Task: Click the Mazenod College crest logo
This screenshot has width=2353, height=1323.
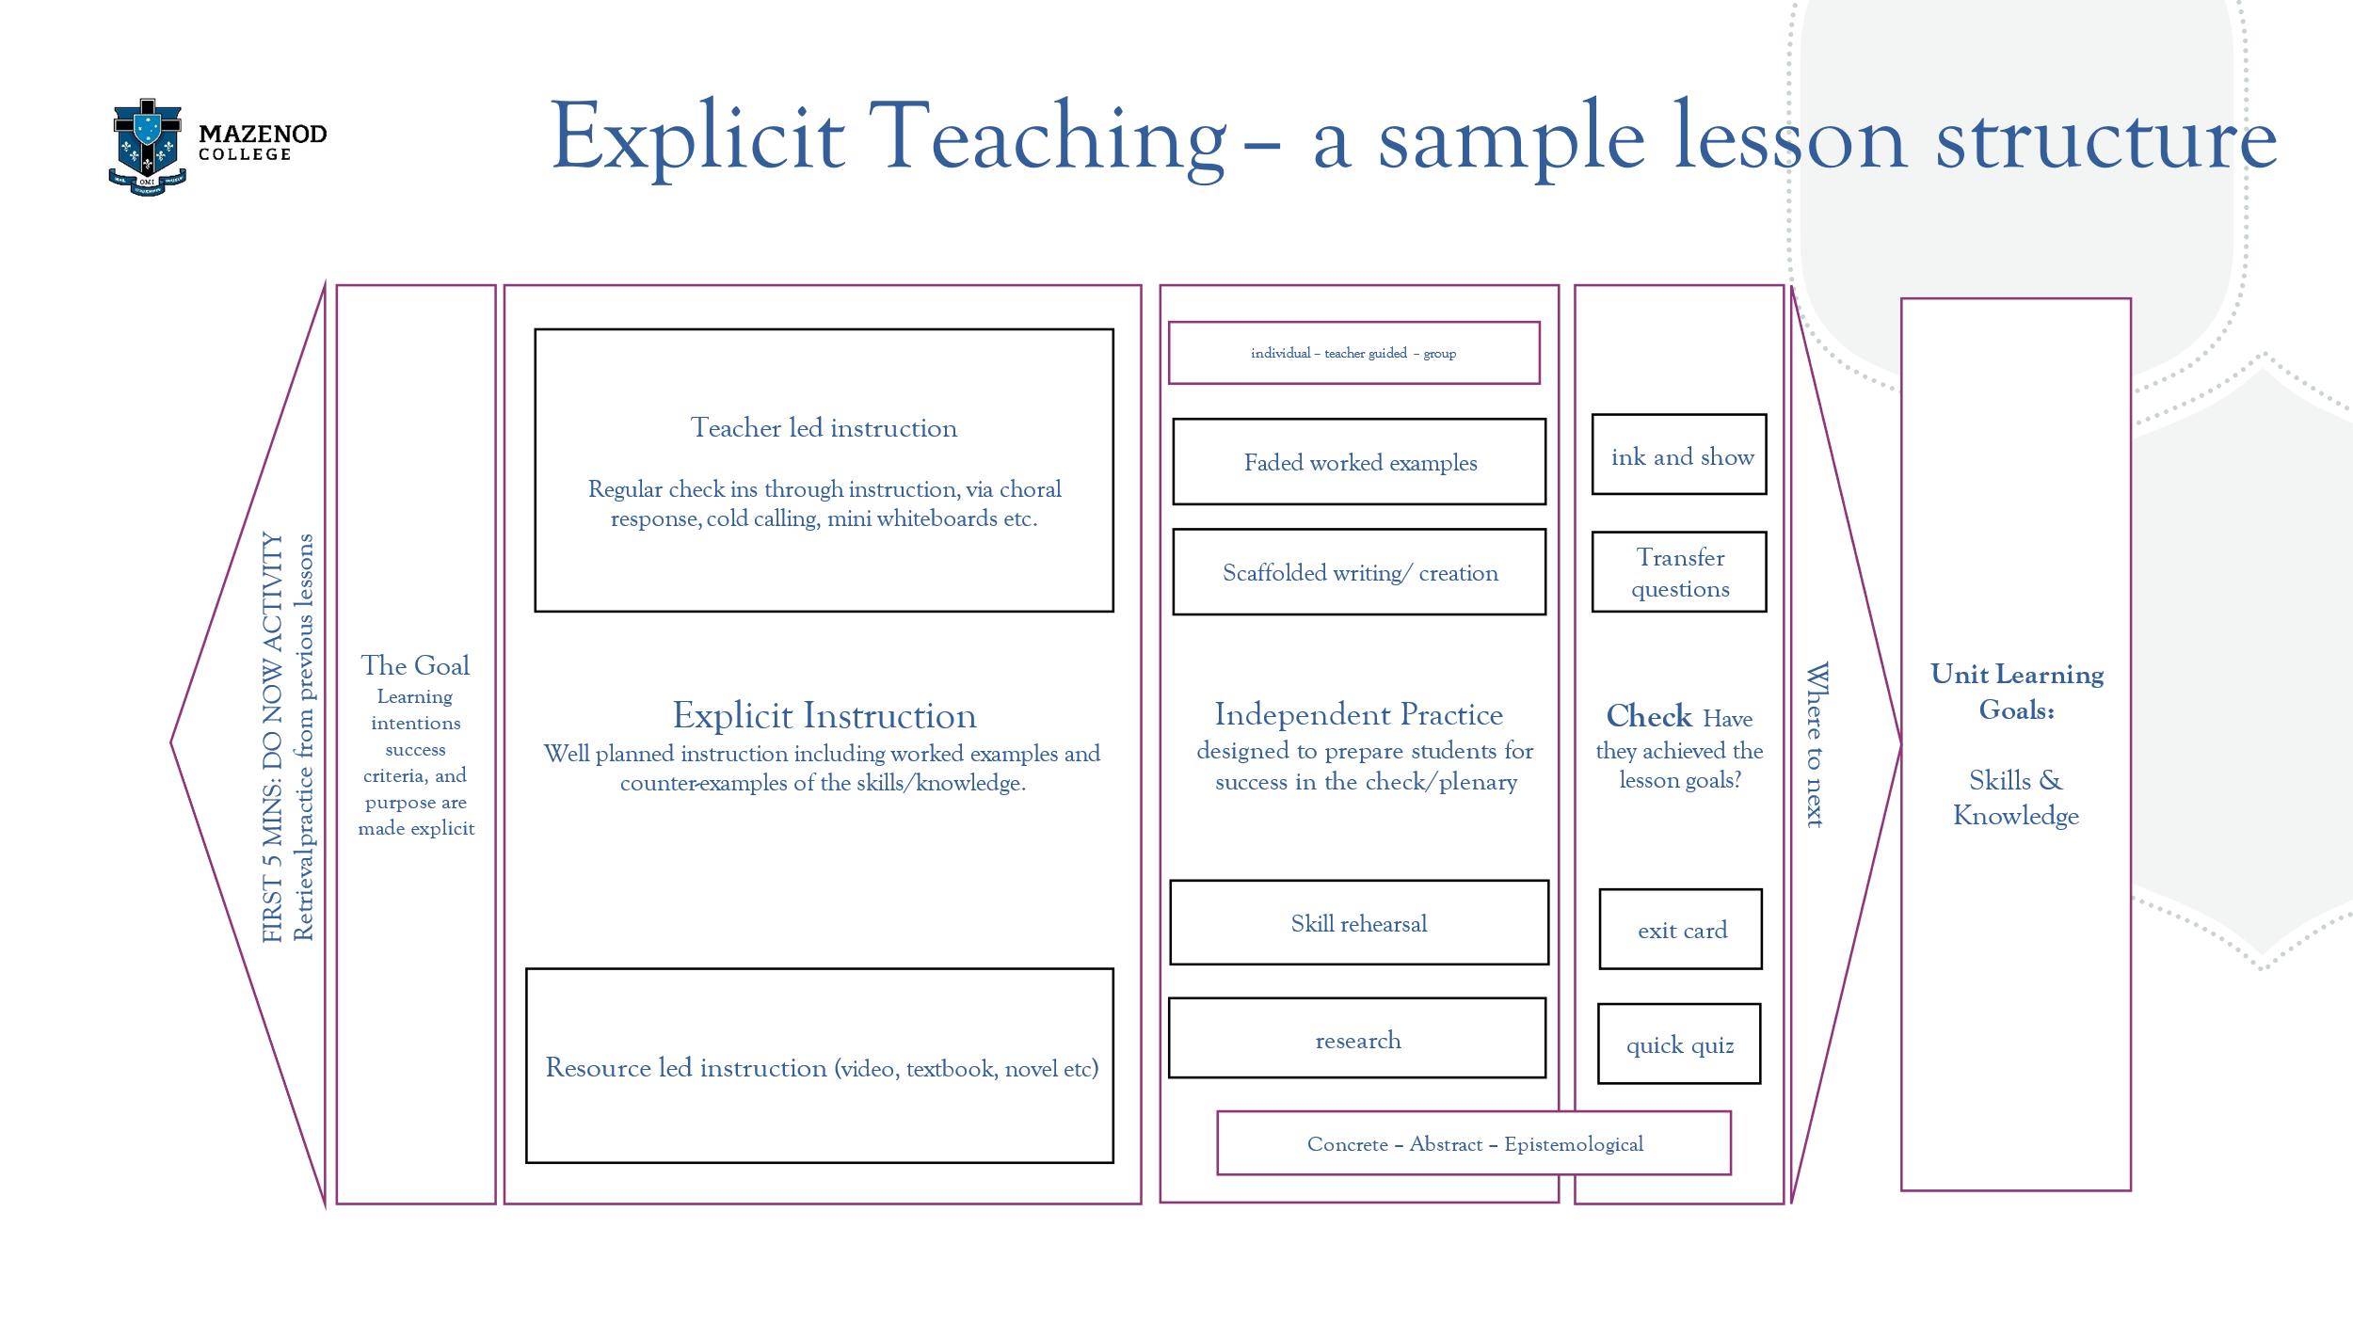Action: tap(148, 147)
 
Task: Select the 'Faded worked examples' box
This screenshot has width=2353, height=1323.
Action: tap(1358, 462)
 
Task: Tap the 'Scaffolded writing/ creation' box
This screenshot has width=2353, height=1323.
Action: tap(1358, 572)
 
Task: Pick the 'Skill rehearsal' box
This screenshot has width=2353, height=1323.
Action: tap(1358, 923)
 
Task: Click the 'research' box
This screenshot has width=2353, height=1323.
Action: tap(1356, 1039)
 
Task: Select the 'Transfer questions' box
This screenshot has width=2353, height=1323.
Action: tap(1679, 572)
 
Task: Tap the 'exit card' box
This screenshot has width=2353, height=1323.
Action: tap(1680, 930)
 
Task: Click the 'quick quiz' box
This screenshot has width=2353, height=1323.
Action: tap(1679, 1044)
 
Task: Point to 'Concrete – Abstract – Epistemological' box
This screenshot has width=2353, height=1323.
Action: tap(1474, 1143)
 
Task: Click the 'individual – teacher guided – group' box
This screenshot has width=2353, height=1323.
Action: tap(1353, 353)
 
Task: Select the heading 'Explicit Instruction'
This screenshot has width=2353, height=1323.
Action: tap(824, 716)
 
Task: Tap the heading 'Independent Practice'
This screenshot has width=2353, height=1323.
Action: tap(1358, 714)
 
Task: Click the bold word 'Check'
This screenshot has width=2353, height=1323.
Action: tap(1648, 716)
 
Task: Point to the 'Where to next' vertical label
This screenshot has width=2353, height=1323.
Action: tap(1817, 744)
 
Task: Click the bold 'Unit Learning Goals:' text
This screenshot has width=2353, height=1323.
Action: tap(2016, 692)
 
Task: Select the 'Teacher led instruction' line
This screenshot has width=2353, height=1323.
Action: tap(824, 428)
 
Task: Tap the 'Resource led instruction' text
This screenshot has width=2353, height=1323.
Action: tap(685, 1068)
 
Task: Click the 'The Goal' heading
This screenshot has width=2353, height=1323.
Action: tap(415, 666)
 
